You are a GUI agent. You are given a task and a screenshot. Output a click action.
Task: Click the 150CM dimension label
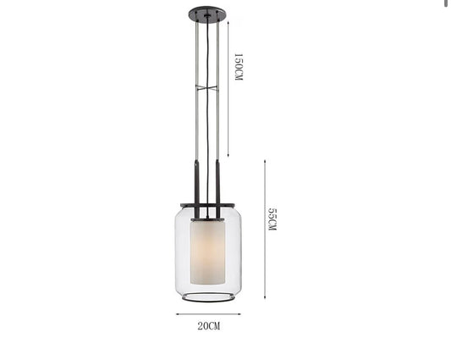tap(239, 67)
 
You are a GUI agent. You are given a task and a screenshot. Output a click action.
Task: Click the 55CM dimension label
tap(272, 219)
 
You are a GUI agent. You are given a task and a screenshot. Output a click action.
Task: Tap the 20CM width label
tap(209, 326)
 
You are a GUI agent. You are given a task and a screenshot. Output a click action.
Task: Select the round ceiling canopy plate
tap(207, 14)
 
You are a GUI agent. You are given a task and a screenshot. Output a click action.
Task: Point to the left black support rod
tap(197, 189)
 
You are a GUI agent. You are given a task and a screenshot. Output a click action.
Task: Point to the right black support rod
tap(217, 189)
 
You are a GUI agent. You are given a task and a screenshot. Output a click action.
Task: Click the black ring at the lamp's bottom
tap(207, 300)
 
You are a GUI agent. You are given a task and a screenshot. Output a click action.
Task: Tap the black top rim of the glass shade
tap(207, 205)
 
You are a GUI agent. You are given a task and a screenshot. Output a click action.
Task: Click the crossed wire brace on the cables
tap(207, 88)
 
